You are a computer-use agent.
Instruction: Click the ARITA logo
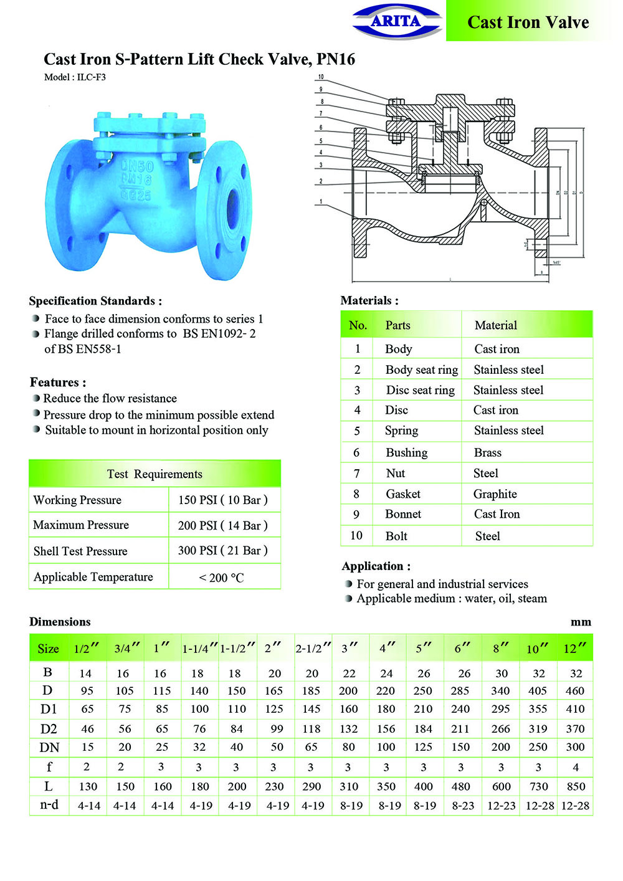[x=396, y=22]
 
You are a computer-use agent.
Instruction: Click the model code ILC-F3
[x=91, y=77]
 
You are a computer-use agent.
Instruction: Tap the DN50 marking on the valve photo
[x=136, y=166]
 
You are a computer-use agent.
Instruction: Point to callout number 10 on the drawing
[x=321, y=77]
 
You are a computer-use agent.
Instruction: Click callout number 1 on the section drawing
[x=321, y=202]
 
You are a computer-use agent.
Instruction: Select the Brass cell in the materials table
[x=487, y=453]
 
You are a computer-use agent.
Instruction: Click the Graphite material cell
[x=495, y=494]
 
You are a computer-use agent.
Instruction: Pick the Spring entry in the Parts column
[x=401, y=431]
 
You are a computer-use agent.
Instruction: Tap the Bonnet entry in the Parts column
[x=403, y=514]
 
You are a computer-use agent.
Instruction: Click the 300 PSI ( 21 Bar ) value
[x=222, y=551]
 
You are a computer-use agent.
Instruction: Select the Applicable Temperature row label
[x=93, y=577]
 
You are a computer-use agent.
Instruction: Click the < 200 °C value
[x=221, y=578]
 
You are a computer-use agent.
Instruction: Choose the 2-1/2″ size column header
[x=313, y=649]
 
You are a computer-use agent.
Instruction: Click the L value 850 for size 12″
[x=576, y=786]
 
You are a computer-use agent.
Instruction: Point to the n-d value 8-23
[x=463, y=806]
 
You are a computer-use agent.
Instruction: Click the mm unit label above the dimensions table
[x=581, y=622]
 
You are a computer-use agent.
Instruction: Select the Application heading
[x=376, y=566]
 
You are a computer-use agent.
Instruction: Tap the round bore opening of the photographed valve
[x=232, y=204]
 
